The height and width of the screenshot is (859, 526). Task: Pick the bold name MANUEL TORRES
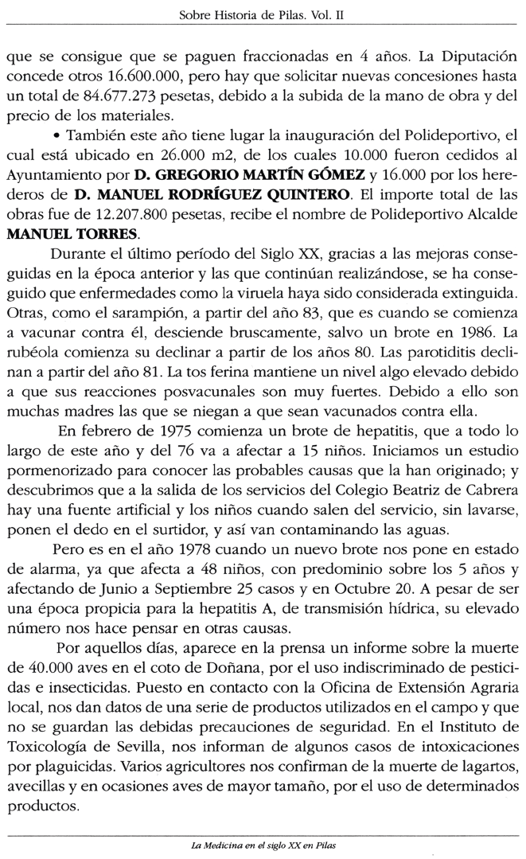[60, 234]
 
